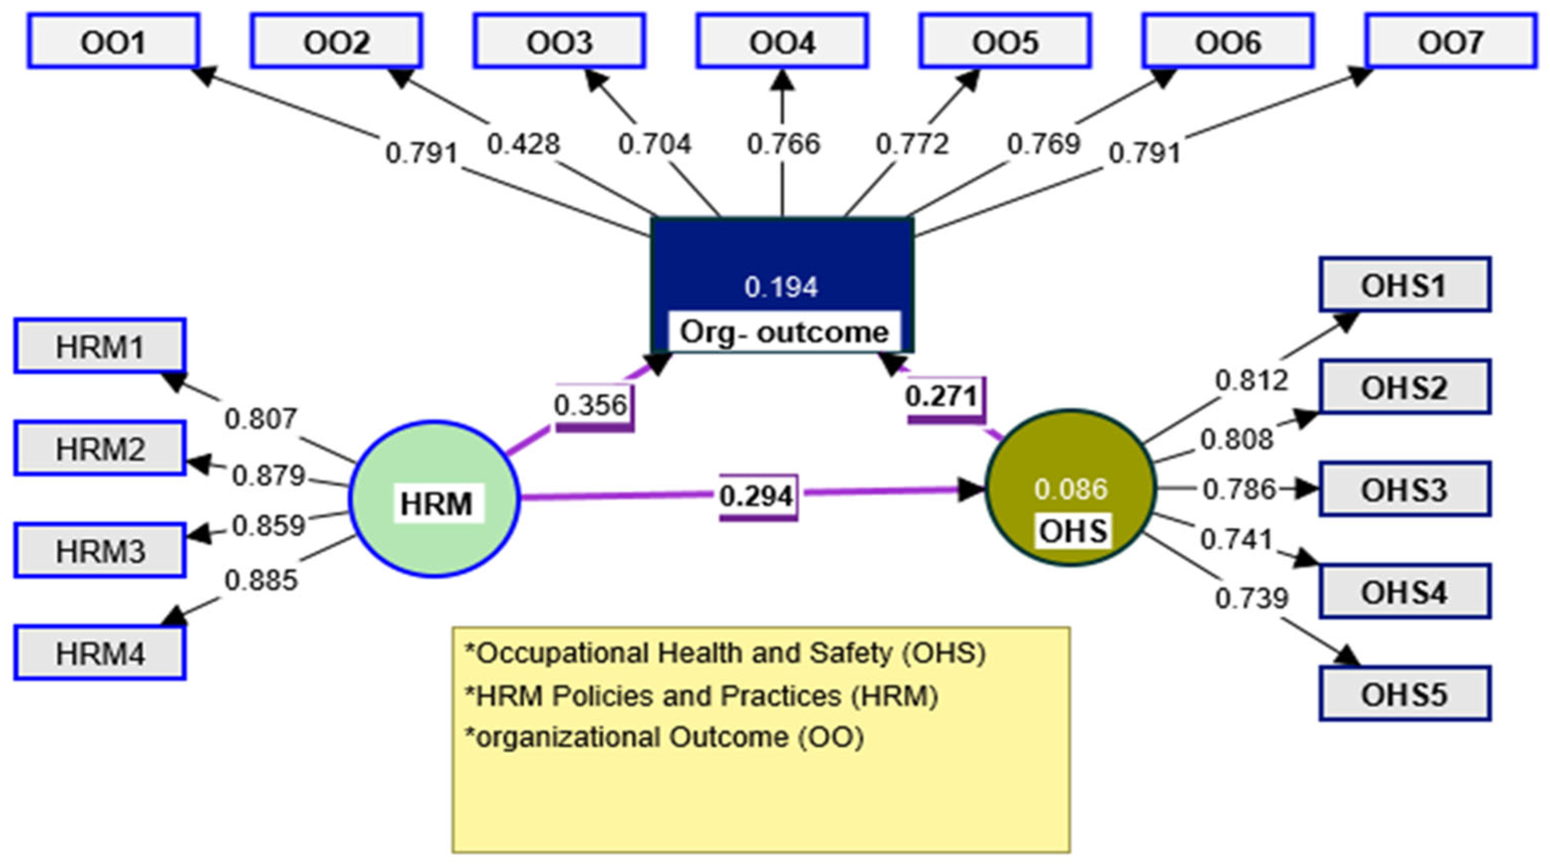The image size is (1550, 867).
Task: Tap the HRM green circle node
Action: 434,499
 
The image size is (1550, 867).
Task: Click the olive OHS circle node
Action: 1071,488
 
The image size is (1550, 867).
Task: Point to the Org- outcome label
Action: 783,332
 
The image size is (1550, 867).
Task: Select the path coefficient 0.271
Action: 941,396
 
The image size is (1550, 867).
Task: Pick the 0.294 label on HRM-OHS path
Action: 757,496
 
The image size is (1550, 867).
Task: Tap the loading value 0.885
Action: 261,581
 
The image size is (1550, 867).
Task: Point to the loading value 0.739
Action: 1252,598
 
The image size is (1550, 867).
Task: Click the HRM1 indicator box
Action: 100,346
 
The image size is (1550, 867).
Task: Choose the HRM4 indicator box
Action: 100,653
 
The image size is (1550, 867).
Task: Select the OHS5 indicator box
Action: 1404,694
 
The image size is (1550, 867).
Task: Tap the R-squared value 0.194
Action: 781,287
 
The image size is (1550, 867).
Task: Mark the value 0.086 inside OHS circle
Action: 1071,489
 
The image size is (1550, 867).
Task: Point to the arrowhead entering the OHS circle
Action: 970,490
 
